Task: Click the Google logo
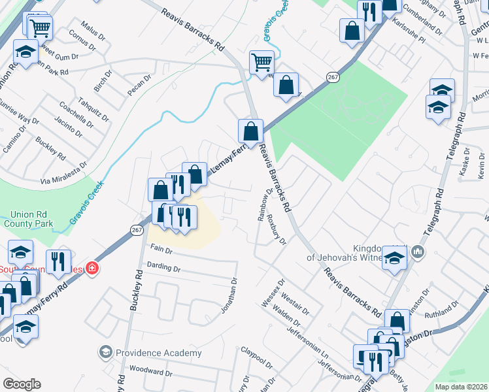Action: click(22, 384)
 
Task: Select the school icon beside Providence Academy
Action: click(105, 353)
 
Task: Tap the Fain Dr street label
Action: click(161, 249)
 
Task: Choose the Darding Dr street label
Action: click(163, 267)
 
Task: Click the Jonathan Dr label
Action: click(229, 295)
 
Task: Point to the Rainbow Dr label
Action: click(265, 208)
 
